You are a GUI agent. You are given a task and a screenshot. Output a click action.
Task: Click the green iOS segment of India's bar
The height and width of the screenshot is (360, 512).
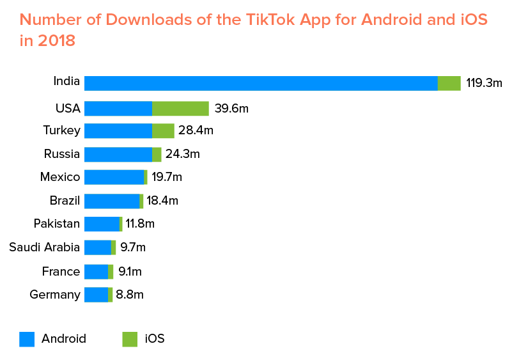[449, 83]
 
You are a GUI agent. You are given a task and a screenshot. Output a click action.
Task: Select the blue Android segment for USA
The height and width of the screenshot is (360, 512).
[118, 108]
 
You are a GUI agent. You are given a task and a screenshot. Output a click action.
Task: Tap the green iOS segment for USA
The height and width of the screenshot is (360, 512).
[180, 108]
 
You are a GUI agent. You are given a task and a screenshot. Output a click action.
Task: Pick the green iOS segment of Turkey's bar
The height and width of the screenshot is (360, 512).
[163, 131]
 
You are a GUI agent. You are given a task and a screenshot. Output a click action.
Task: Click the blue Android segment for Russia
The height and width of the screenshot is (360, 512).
[118, 154]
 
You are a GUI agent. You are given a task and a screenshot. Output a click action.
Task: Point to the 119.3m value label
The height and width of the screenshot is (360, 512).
[484, 83]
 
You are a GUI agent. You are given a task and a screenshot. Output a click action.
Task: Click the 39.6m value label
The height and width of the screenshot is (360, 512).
[231, 108]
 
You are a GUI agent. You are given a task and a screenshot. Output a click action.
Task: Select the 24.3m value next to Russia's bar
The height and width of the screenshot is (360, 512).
[183, 154]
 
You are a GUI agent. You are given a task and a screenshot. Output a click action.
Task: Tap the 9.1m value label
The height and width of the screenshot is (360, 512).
[130, 272]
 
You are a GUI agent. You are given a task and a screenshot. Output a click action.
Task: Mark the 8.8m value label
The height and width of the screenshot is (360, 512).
[130, 295]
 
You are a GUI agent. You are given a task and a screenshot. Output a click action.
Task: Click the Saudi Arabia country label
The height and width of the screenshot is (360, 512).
[45, 247]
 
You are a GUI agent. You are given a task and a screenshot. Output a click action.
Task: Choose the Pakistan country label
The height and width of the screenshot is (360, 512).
[57, 224]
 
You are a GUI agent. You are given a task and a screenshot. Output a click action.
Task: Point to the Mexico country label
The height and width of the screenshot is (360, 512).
[60, 177]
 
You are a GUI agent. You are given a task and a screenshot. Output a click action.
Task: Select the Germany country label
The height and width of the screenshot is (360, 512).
[55, 295]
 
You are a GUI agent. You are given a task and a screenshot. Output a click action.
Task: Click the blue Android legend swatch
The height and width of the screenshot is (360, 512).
[27, 339]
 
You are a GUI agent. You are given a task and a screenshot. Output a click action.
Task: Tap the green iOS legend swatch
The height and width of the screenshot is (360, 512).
[130, 339]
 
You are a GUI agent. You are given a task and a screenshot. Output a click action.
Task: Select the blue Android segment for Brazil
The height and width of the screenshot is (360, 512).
[112, 201]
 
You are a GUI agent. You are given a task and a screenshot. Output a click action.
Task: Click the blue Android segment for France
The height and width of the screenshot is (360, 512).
[96, 272]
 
